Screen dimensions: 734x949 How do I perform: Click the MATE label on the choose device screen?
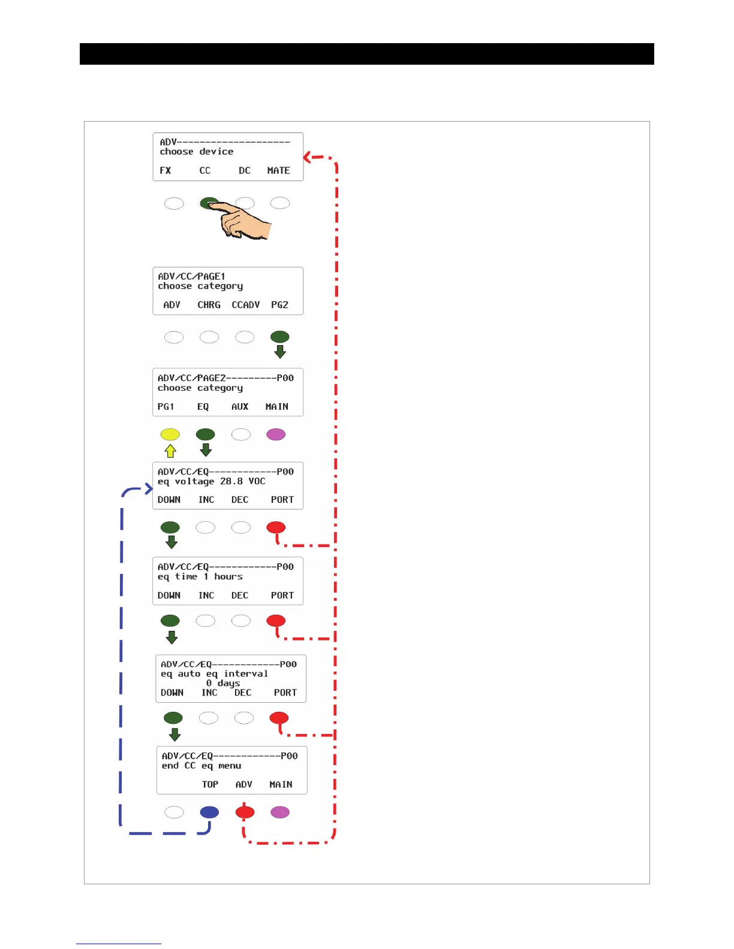point(278,171)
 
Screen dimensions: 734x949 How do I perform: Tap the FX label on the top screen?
point(166,171)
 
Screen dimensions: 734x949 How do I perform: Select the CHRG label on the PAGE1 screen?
point(209,305)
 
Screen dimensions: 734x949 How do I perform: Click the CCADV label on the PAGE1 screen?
point(246,305)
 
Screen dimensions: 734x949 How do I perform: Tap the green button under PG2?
point(280,337)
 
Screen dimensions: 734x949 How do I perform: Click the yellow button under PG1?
point(170,434)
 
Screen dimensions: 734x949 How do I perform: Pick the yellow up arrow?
point(170,451)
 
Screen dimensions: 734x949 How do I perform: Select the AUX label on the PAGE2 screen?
point(240,407)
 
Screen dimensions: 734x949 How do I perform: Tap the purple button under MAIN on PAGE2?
point(276,434)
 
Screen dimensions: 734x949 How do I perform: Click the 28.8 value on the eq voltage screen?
point(231,482)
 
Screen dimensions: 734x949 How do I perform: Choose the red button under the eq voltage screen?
point(276,527)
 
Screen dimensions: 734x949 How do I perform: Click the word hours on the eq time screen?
point(228,577)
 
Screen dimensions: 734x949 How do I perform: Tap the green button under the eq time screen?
point(170,621)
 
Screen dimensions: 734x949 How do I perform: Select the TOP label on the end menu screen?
point(210,785)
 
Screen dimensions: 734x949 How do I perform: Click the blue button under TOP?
point(209,812)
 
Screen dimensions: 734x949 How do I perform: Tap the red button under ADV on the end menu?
point(245,812)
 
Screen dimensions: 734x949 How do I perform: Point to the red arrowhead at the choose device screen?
point(307,158)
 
